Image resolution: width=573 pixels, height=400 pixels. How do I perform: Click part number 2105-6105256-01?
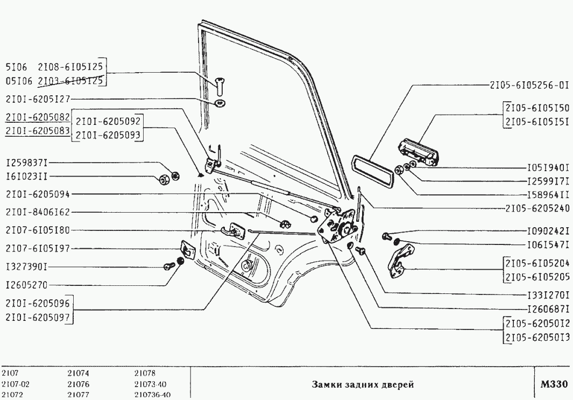click(x=529, y=85)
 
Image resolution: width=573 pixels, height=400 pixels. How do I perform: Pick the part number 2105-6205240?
click(x=537, y=207)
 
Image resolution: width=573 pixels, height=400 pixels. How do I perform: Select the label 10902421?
click(x=548, y=230)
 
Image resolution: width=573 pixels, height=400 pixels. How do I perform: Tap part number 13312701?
click(x=548, y=294)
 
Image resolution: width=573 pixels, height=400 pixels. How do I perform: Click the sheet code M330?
click(x=554, y=384)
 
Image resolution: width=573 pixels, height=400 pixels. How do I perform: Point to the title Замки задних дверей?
click(x=363, y=384)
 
